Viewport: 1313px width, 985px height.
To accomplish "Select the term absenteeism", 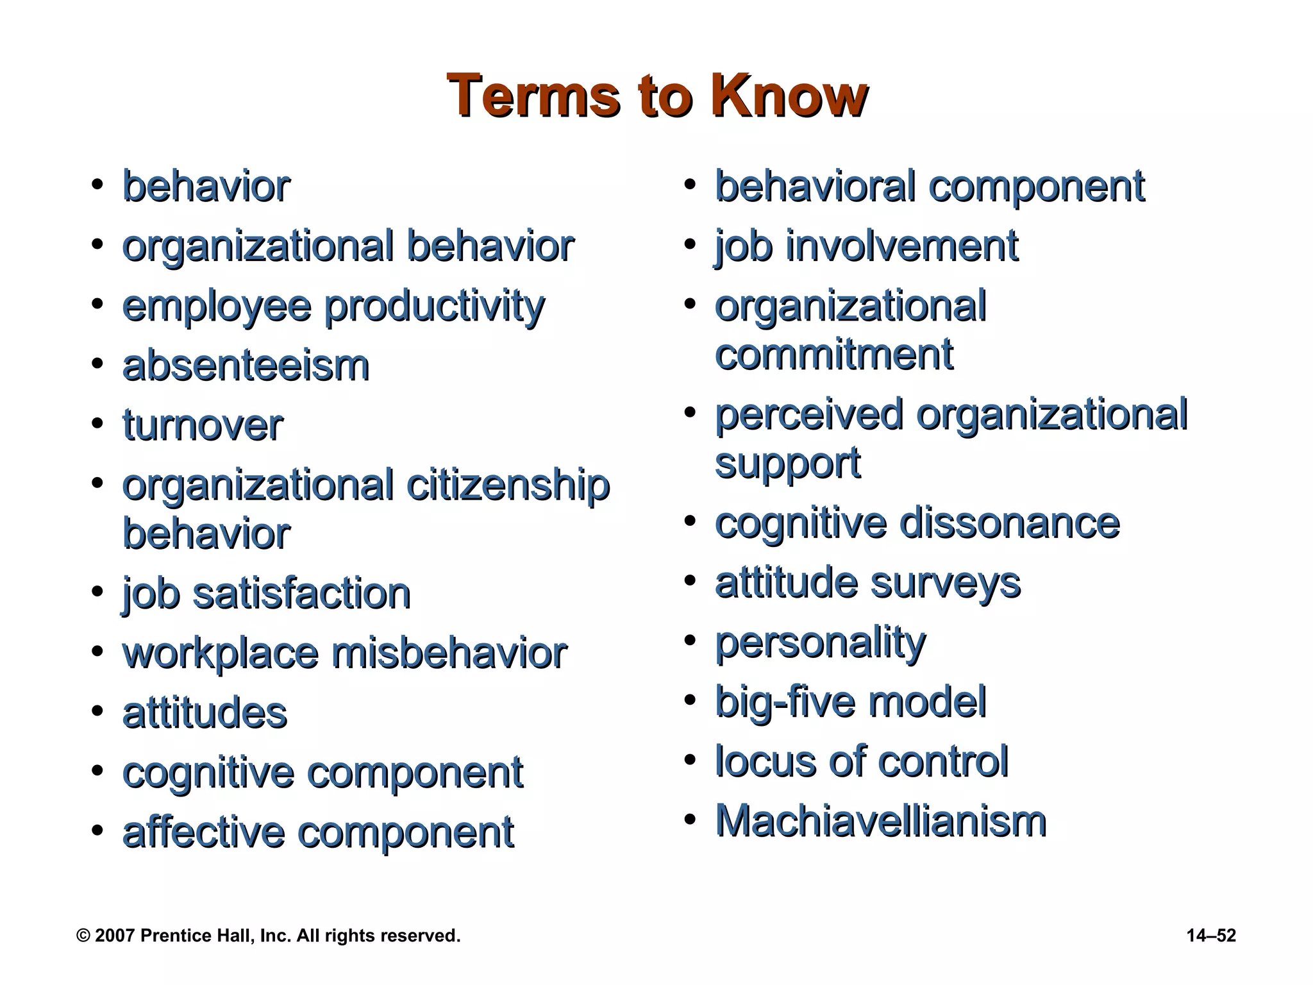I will click(x=246, y=366).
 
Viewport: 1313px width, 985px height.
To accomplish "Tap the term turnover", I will click(x=203, y=426).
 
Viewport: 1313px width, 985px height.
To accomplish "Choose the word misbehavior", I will click(x=449, y=653).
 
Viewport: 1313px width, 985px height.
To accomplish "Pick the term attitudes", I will click(x=205, y=713).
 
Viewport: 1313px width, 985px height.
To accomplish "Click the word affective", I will click(x=203, y=832).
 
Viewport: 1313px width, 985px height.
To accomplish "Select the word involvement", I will click(x=901, y=246).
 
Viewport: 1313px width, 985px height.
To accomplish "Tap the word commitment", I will click(x=834, y=355).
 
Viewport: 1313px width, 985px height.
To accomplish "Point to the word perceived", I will click(x=809, y=415).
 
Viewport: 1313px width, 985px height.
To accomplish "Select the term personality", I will click(x=821, y=643).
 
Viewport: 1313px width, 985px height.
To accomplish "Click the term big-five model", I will click(x=850, y=702).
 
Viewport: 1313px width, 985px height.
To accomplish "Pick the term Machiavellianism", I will click(x=881, y=821).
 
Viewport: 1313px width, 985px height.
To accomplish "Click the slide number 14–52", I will click(x=1210, y=936).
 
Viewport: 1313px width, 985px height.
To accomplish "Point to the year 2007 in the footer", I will click(x=115, y=936).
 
